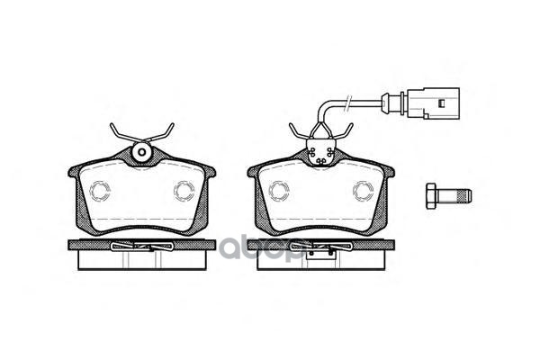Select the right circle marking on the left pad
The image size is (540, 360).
tap(184, 191)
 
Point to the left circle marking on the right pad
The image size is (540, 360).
tap(277, 191)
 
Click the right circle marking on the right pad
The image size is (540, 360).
tap(364, 191)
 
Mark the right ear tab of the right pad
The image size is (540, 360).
tap(389, 172)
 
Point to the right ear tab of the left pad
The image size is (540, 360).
tap(210, 172)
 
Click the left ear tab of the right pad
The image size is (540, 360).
tap(253, 172)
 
